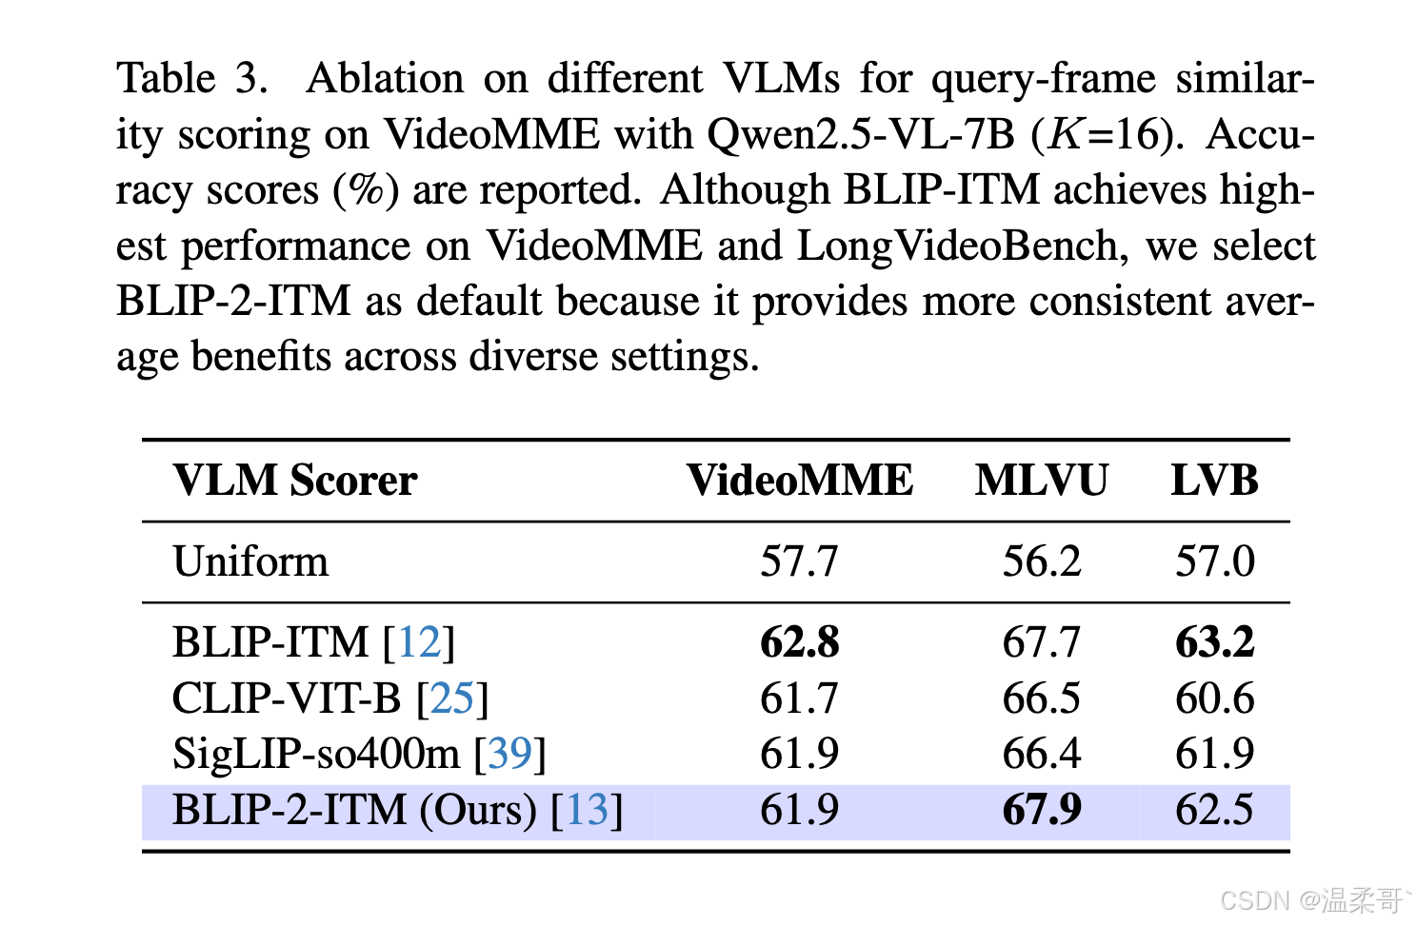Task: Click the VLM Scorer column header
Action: [x=295, y=480]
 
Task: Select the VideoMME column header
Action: [x=800, y=480]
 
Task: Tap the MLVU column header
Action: [x=1041, y=480]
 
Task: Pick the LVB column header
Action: [x=1214, y=480]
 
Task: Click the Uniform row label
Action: [x=250, y=561]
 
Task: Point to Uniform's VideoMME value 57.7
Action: [x=799, y=561]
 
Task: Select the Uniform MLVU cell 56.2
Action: [x=1041, y=561]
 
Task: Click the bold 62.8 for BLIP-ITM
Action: [x=799, y=641]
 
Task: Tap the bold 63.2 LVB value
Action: [x=1214, y=641]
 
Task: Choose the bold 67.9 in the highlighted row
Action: [x=1041, y=809]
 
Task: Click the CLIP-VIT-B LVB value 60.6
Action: [x=1214, y=698]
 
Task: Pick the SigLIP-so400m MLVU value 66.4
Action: [x=1041, y=753]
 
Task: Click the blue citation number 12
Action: [x=419, y=641]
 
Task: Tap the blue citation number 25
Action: [x=451, y=698]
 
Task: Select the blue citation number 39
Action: [x=509, y=753]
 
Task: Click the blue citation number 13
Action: [x=587, y=809]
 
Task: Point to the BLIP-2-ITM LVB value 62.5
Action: [x=1214, y=809]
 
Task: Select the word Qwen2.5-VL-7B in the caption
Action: [x=860, y=135]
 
